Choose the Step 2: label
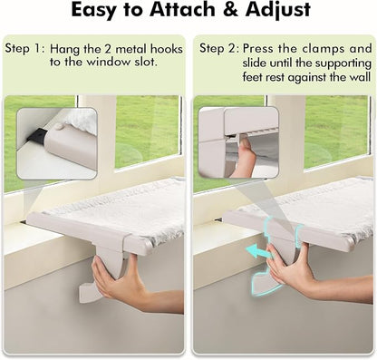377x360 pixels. [218, 47]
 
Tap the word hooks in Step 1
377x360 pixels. [163, 47]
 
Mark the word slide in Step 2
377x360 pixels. [256, 63]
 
